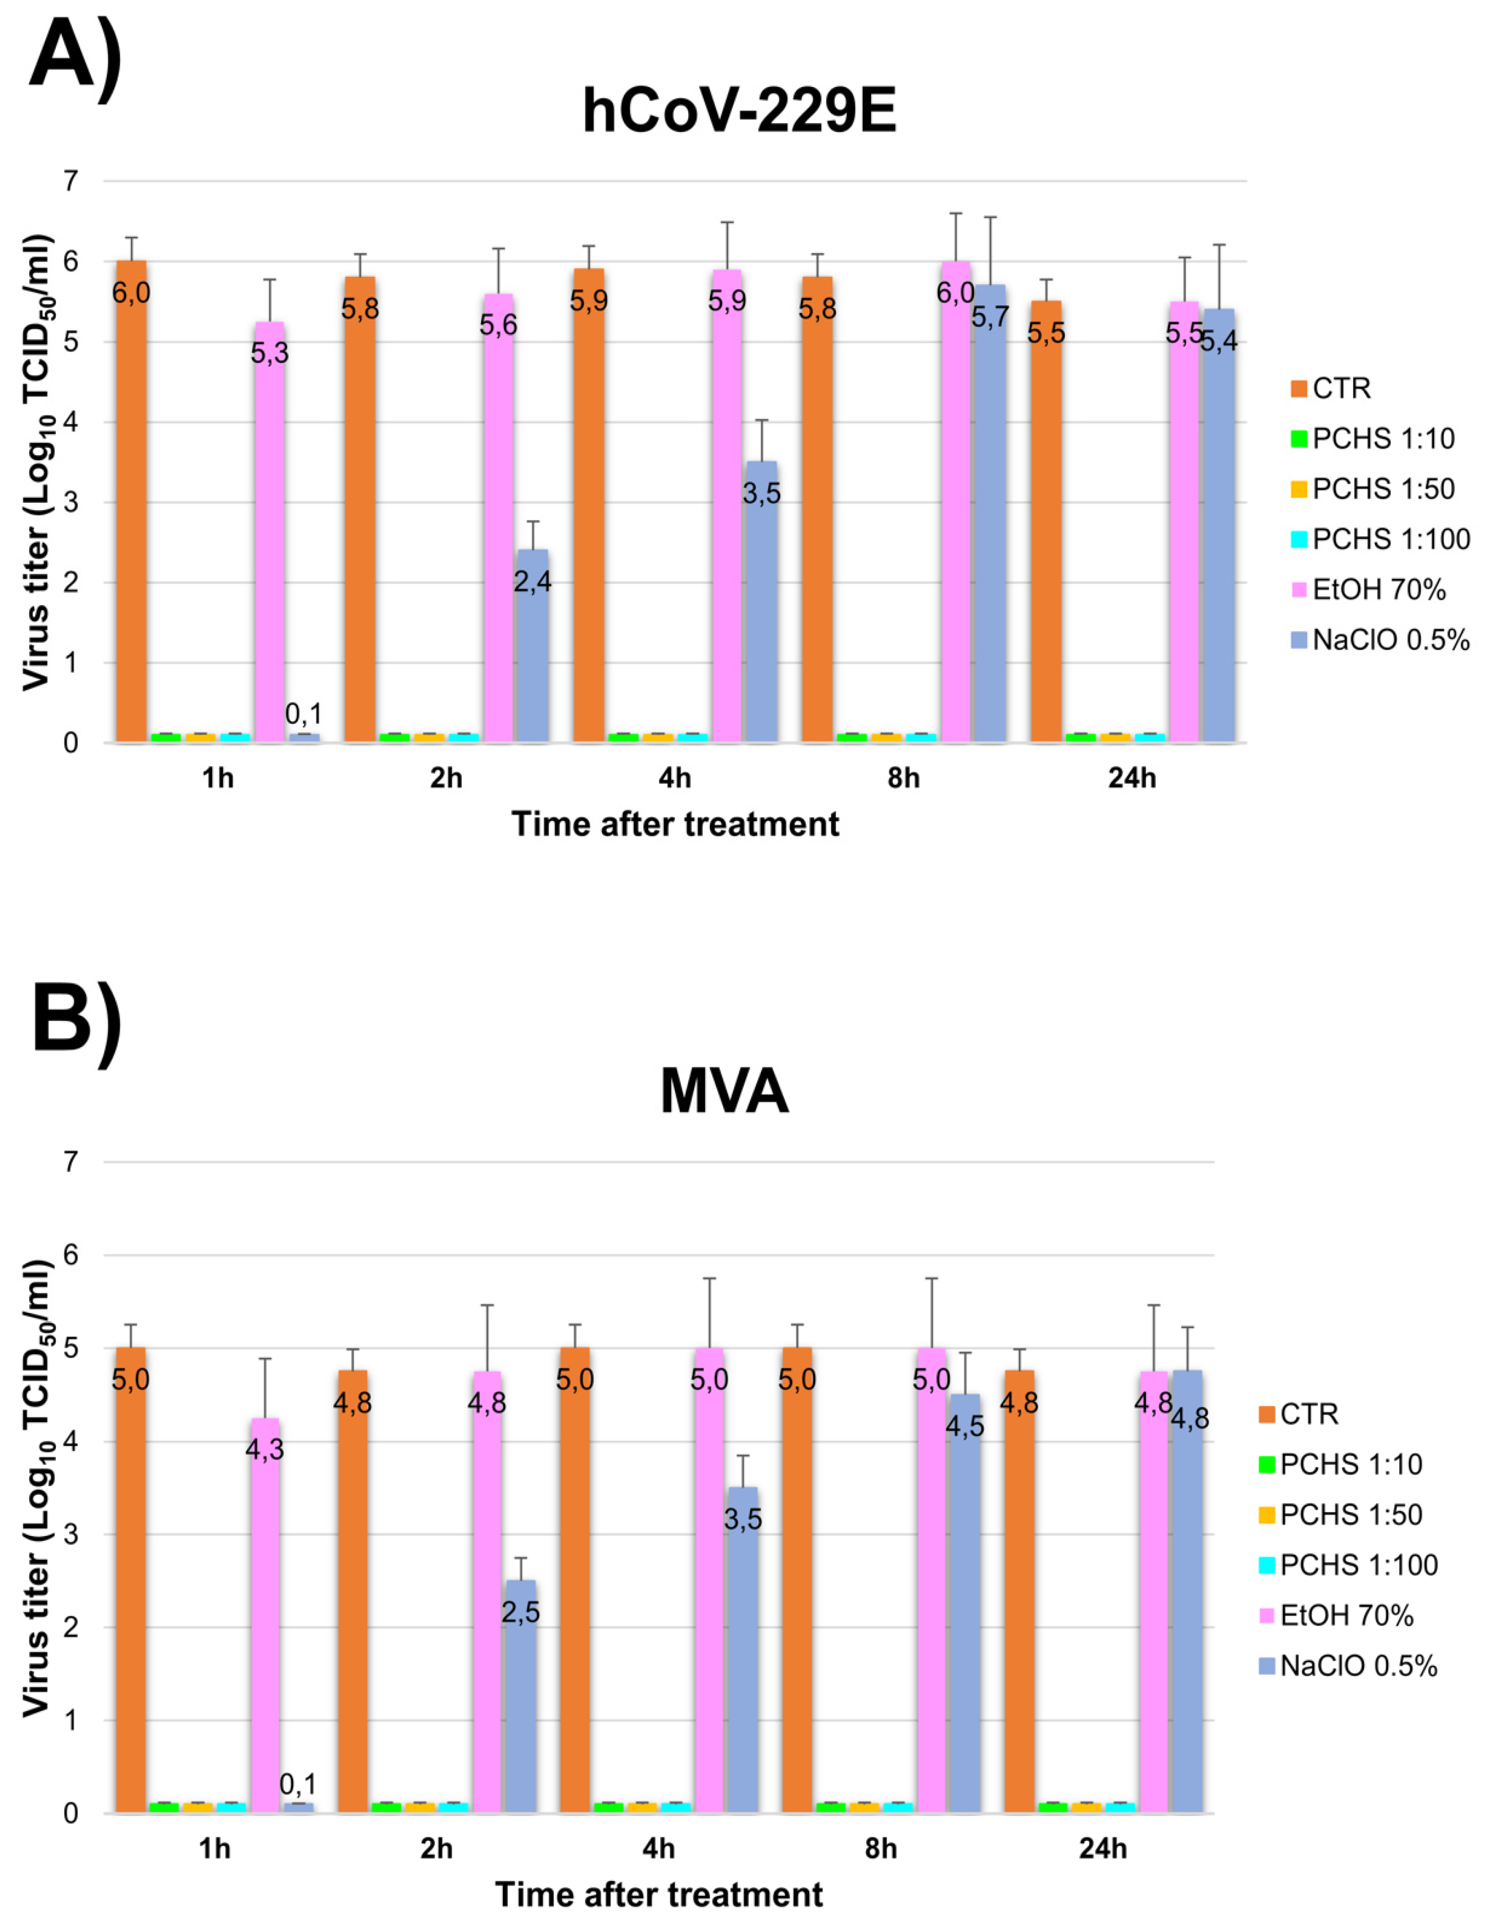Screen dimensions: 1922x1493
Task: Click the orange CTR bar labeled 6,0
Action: (x=131, y=528)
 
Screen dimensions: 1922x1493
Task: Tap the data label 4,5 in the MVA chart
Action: (x=965, y=1426)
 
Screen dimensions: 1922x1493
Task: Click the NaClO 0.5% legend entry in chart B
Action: (x=1347, y=1666)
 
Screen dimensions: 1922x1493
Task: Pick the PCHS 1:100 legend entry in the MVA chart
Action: (x=1347, y=1565)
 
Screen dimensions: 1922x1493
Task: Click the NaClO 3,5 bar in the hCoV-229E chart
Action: (x=761, y=616)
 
